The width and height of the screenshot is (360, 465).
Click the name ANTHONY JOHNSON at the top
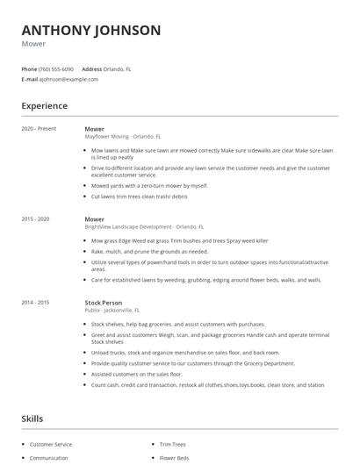tap(91, 31)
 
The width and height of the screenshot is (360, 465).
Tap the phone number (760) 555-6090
tap(57, 68)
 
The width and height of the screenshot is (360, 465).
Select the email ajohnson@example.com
tap(68, 79)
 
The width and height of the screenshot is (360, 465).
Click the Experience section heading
tap(45, 106)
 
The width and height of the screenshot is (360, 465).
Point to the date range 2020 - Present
tap(39, 129)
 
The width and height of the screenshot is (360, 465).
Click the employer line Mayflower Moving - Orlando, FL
tap(123, 137)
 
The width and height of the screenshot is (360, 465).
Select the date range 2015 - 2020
tap(36, 218)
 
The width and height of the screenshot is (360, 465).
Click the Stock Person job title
tap(103, 302)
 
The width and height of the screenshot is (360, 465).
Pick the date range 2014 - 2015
tap(36, 302)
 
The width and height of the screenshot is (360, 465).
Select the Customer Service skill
tap(51, 445)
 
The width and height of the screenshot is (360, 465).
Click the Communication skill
tap(49, 457)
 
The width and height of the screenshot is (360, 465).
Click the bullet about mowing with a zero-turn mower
tap(149, 185)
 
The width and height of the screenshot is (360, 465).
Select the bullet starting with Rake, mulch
tap(149, 251)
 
